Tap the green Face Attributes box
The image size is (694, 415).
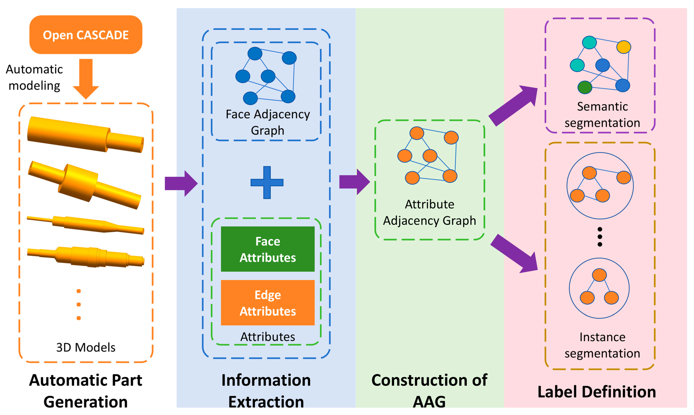point(268,249)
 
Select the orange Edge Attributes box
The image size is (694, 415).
point(268,303)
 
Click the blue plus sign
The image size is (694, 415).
point(267,182)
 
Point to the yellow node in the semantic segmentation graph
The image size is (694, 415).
point(623,47)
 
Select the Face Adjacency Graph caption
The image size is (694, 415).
point(268,122)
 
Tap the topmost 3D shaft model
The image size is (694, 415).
point(85,134)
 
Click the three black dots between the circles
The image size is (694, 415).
point(600,237)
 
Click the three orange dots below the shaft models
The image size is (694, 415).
point(79,305)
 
